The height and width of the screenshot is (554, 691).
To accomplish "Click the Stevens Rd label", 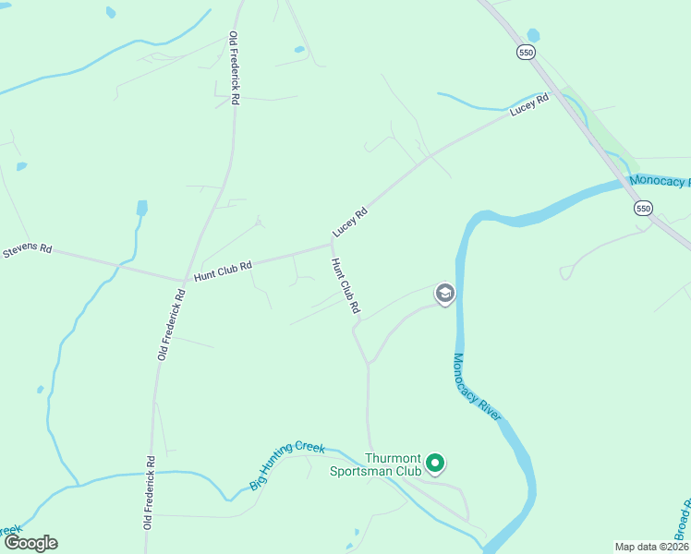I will (x=27, y=250).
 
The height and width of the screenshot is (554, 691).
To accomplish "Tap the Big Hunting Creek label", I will (x=287, y=465).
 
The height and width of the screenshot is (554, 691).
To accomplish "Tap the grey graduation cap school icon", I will (x=444, y=294).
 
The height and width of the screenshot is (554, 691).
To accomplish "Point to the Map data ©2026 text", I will (x=651, y=547).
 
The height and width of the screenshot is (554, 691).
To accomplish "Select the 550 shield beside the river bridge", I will (x=645, y=209).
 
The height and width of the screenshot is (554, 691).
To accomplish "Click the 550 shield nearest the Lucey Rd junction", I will (x=526, y=54).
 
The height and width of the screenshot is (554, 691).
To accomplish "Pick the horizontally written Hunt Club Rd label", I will (x=223, y=271).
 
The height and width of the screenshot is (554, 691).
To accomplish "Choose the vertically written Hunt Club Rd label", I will (x=345, y=285).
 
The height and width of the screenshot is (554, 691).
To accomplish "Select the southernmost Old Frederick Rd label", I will (x=149, y=491).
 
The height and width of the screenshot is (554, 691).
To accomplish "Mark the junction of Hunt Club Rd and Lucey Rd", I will (x=331, y=244).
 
